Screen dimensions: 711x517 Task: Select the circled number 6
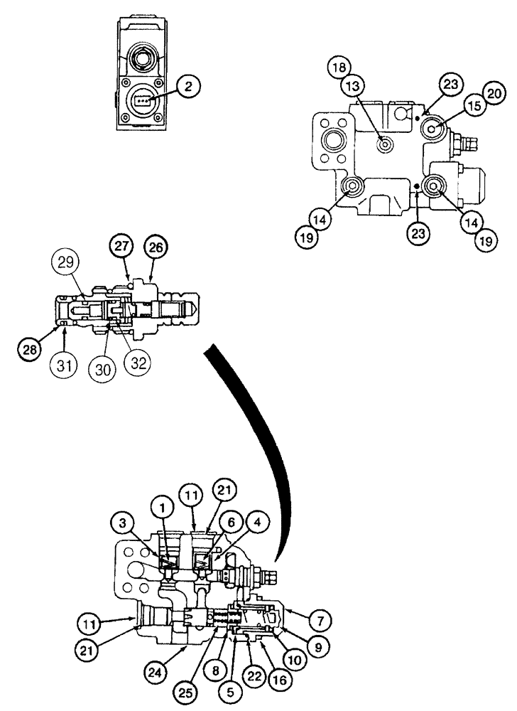[231, 521]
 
